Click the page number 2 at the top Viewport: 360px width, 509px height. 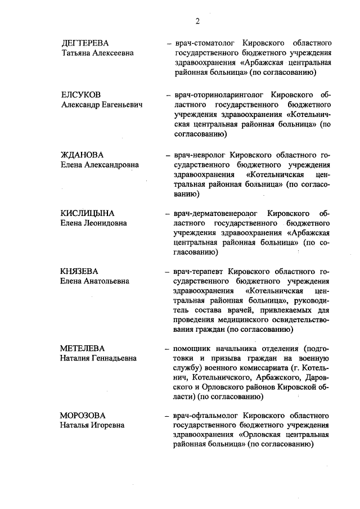click(197, 22)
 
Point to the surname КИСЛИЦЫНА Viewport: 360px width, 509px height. click(87, 213)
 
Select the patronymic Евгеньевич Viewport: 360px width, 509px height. click(120, 104)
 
